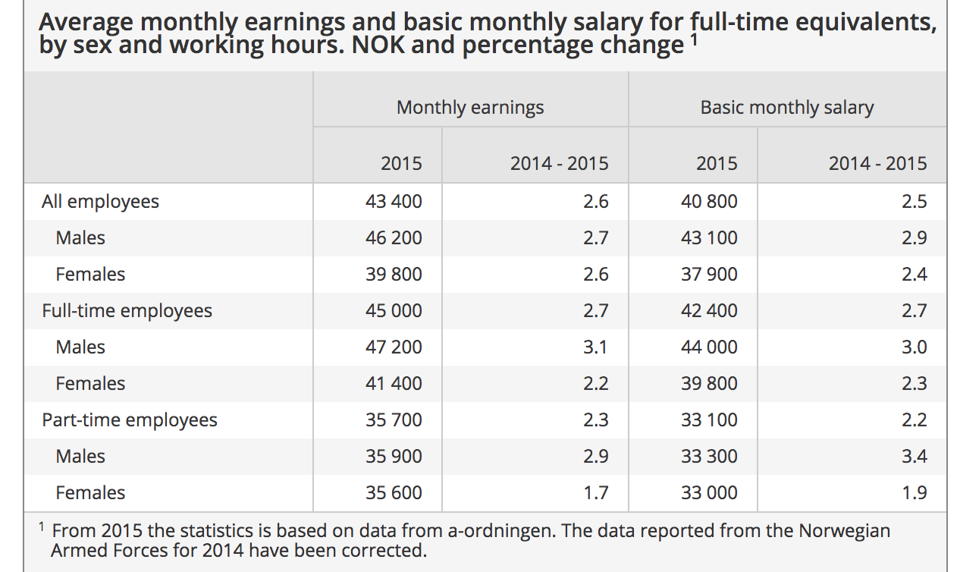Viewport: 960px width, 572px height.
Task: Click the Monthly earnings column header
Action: click(470, 108)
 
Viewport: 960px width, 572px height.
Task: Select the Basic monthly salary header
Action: click(786, 108)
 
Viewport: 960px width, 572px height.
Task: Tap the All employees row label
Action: click(100, 202)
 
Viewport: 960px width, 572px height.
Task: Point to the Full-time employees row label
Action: click(127, 311)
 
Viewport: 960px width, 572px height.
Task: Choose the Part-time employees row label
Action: click(129, 420)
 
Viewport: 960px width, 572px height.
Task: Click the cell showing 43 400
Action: click(394, 202)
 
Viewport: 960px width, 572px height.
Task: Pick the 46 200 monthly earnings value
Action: click(394, 238)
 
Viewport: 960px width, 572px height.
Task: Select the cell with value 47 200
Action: click(394, 347)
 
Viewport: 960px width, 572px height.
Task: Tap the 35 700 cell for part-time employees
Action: click(394, 420)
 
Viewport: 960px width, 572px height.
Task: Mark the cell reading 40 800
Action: click(709, 202)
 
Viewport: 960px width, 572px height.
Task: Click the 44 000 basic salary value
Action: click(709, 347)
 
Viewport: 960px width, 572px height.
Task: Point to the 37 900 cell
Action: click(709, 275)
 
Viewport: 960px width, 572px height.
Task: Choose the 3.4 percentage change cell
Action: click(914, 457)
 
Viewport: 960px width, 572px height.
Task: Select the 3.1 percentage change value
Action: click(595, 347)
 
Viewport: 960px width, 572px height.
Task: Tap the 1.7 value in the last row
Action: click(595, 493)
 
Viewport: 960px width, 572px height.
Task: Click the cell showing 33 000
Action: click(709, 493)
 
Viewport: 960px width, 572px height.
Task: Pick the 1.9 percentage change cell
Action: click(914, 493)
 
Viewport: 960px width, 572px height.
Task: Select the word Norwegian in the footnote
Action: click(842, 531)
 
